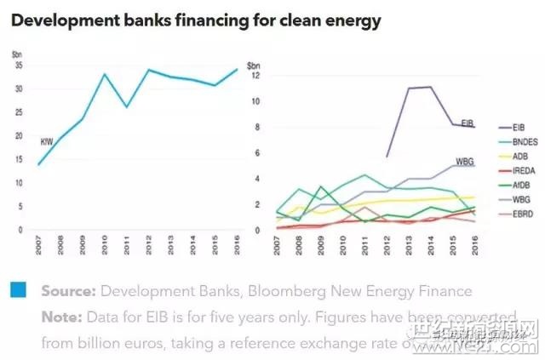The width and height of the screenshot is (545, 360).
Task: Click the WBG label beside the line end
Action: [466, 161]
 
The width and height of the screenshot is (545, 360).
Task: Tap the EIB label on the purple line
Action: [468, 123]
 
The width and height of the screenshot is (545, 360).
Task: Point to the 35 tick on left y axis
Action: [19, 66]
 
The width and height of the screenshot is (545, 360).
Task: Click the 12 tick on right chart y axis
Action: [251, 75]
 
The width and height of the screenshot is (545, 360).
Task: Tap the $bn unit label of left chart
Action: [18, 54]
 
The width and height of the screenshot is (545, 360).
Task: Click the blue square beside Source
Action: [19, 290]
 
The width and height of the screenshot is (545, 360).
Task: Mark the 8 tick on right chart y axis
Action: [253, 127]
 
